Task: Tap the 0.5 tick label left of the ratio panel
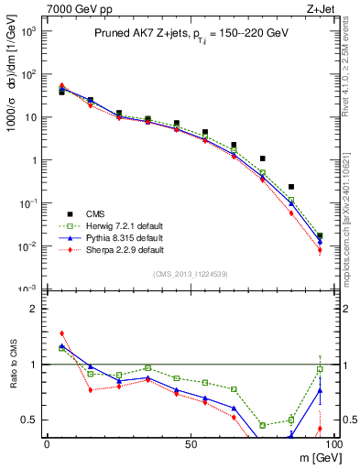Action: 27,420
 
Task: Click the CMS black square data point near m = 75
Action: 262,158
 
